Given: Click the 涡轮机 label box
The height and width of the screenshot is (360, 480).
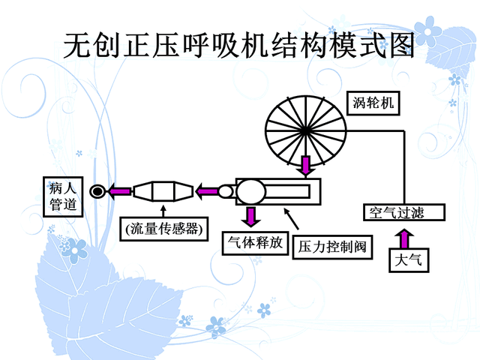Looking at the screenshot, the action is (373, 103).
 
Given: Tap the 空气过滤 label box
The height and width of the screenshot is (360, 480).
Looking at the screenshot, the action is (404, 212).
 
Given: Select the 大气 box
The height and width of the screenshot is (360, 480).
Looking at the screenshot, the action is (409, 260).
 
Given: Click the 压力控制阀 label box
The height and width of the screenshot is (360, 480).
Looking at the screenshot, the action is (332, 247).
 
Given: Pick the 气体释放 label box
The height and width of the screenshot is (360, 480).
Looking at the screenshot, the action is (255, 243).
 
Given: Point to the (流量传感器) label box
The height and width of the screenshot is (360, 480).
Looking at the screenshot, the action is (164, 229).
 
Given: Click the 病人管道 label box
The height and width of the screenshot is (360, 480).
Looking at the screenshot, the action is (63, 196).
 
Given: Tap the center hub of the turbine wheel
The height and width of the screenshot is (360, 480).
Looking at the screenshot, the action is (305, 130).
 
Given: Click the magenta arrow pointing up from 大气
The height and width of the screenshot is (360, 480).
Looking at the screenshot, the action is (404, 238).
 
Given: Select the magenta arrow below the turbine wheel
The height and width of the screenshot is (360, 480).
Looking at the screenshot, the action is (305, 166).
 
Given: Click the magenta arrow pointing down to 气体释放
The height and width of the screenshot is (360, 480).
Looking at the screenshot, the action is (251, 217).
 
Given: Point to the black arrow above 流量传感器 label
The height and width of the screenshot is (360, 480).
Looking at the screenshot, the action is (163, 211).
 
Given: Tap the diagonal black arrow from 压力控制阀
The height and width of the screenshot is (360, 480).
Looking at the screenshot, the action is (291, 218).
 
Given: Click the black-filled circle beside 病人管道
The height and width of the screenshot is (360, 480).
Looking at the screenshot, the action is (97, 192).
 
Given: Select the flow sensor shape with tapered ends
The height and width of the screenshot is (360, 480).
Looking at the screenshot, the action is (163, 192).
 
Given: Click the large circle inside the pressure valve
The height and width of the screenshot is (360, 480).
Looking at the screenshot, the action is (251, 192).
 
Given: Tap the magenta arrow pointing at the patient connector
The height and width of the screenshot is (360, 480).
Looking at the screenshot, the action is (120, 192).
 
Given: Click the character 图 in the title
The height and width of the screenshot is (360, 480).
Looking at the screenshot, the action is (402, 45).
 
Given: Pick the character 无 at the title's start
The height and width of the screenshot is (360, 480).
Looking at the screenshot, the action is (76, 45).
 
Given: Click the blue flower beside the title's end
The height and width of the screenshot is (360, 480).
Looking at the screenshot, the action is (428, 31).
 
